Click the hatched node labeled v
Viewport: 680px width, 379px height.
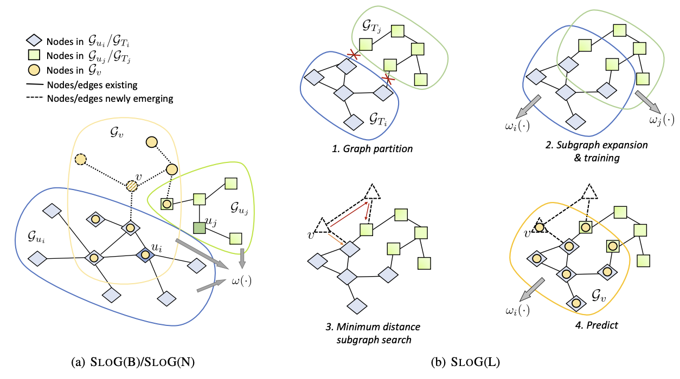click(132, 185)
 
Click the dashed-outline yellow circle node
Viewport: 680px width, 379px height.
click(81, 159)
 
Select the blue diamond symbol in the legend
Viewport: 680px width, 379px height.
click(34, 40)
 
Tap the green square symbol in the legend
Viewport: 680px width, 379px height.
click(34, 55)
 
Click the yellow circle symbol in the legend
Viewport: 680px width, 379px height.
click(34, 69)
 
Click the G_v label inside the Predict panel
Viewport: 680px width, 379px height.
click(600, 298)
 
